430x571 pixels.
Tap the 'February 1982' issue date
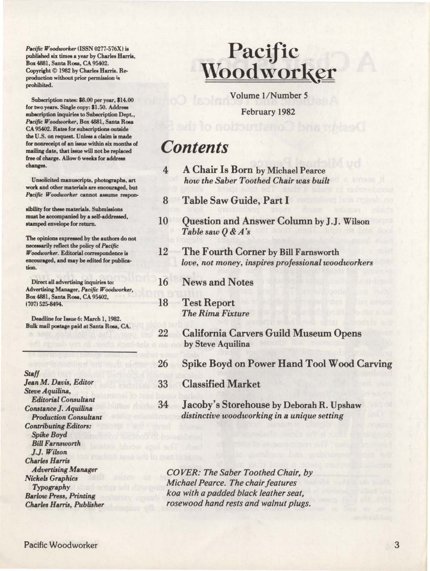pyautogui.click(x=269, y=112)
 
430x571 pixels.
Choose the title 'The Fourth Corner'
pyautogui.click(x=221, y=251)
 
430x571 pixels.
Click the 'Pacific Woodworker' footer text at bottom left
pyautogui.click(x=61, y=545)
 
